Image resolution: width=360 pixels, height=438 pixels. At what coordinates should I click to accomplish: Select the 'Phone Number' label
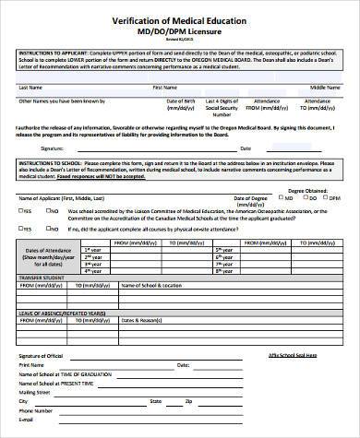tap(32, 412)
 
